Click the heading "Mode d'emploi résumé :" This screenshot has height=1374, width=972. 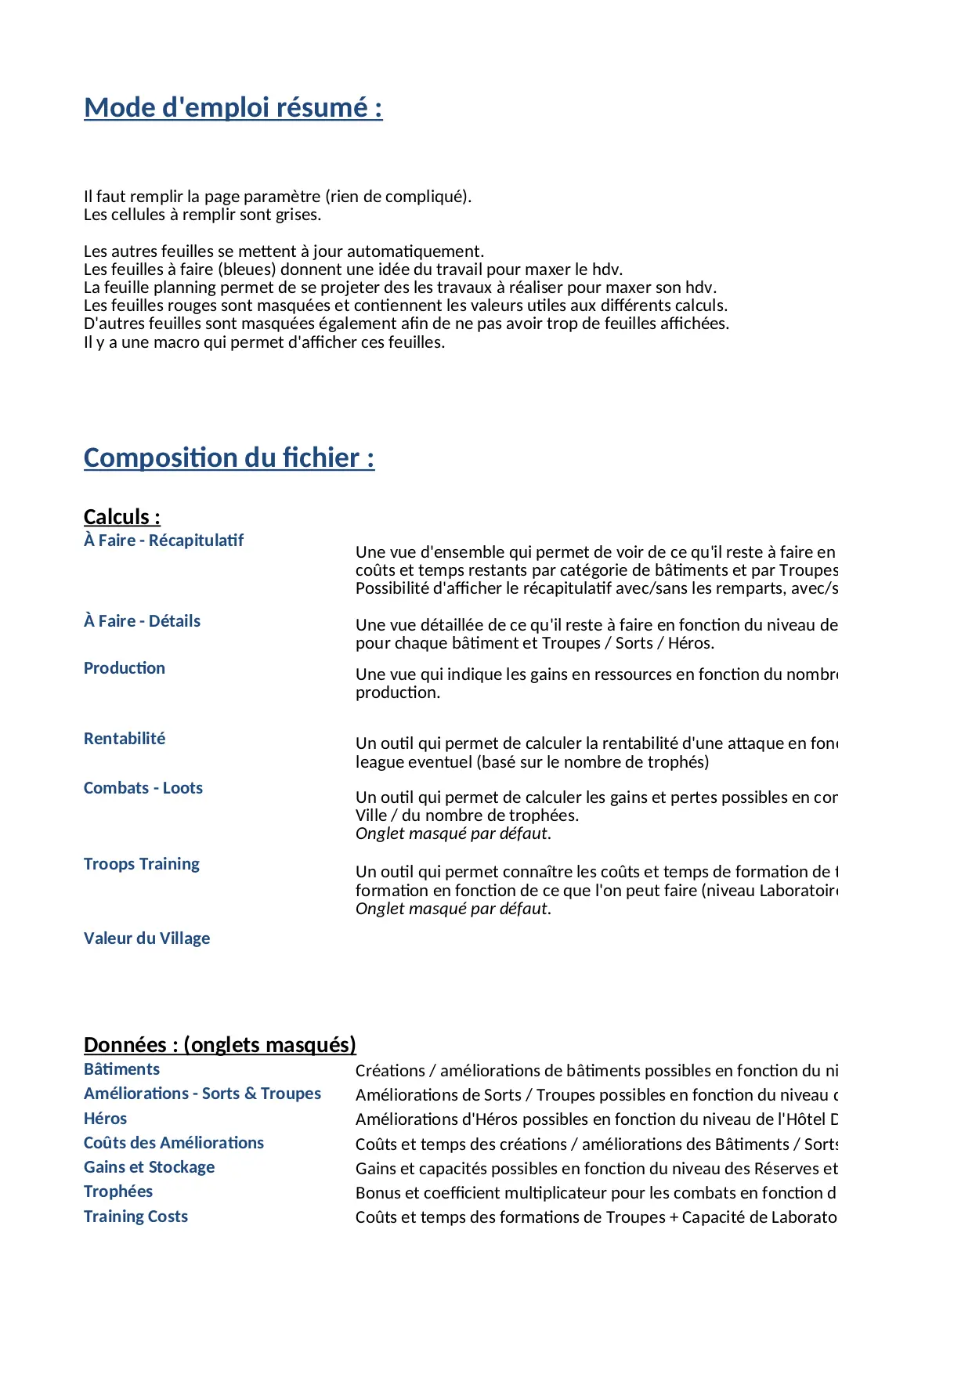[x=233, y=107]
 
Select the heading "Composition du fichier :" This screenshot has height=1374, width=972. [x=229, y=457]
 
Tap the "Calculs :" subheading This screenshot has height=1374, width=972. [x=122, y=517]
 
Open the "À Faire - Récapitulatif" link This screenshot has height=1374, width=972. [x=164, y=541]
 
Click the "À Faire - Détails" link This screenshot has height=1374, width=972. [x=142, y=621]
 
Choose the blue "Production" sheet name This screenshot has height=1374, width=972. [x=125, y=668]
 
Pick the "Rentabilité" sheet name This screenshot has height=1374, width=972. [x=125, y=739]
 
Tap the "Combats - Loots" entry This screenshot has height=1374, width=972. [x=143, y=788]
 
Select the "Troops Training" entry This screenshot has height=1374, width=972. [x=142, y=864]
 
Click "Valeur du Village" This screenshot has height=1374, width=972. [x=146, y=938]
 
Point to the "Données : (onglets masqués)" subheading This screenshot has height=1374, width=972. [x=220, y=1045]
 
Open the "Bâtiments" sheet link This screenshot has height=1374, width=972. [x=121, y=1069]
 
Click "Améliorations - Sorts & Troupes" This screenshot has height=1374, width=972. [x=202, y=1094]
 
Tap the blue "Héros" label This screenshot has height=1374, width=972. [x=105, y=1119]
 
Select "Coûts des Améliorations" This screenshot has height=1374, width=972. [x=174, y=1143]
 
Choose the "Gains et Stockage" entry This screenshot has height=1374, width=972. [x=149, y=1167]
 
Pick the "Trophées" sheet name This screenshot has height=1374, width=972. [x=118, y=1191]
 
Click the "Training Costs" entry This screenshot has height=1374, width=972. [x=136, y=1217]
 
